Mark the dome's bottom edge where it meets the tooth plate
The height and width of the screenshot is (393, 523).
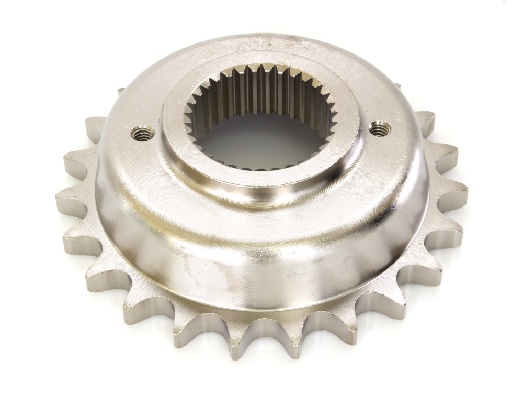[261, 309]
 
